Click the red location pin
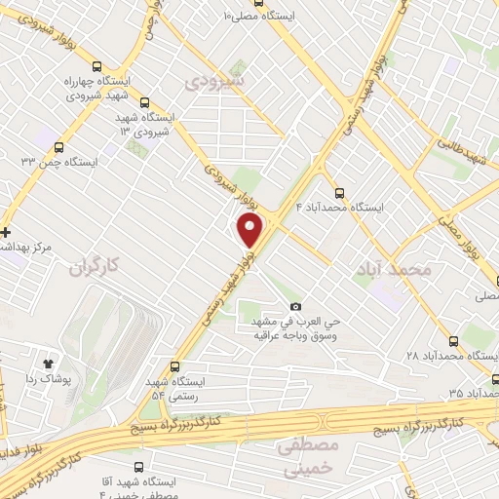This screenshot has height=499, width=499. tap(250, 230)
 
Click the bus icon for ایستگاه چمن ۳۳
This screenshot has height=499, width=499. tap(59, 148)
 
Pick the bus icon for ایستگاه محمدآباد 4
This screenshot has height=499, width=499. tap(338, 193)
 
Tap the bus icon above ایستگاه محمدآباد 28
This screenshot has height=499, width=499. tap(454, 342)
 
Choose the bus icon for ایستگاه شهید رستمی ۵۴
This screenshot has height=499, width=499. tap(174, 367)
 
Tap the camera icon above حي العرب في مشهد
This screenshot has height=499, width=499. tap(295, 307)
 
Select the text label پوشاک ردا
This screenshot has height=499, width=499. tap(45, 377)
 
